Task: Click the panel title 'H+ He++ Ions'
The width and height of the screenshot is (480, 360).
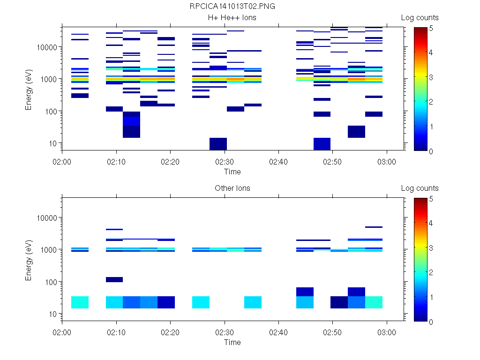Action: click(x=232, y=18)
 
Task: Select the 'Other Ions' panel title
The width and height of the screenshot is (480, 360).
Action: click(x=232, y=188)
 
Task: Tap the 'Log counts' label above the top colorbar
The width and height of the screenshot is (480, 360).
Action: click(x=420, y=18)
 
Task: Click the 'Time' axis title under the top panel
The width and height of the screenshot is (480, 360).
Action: click(x=232, y=172)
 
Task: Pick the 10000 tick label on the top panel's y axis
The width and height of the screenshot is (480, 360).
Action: click(x=45, y=47)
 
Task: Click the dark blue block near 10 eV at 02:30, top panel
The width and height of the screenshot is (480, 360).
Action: click(x=218, y=144)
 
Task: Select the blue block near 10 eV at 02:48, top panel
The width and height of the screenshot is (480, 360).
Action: click(x=322, y=144)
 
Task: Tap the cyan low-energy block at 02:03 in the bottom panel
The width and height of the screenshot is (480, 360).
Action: click(x=80, y=302)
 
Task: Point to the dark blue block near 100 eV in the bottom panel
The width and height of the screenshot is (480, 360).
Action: click(x=114, y=280)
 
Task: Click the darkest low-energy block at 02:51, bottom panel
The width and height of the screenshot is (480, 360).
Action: click(x=339, y=302)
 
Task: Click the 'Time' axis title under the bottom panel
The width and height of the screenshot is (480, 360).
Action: click(x=232, y=342)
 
